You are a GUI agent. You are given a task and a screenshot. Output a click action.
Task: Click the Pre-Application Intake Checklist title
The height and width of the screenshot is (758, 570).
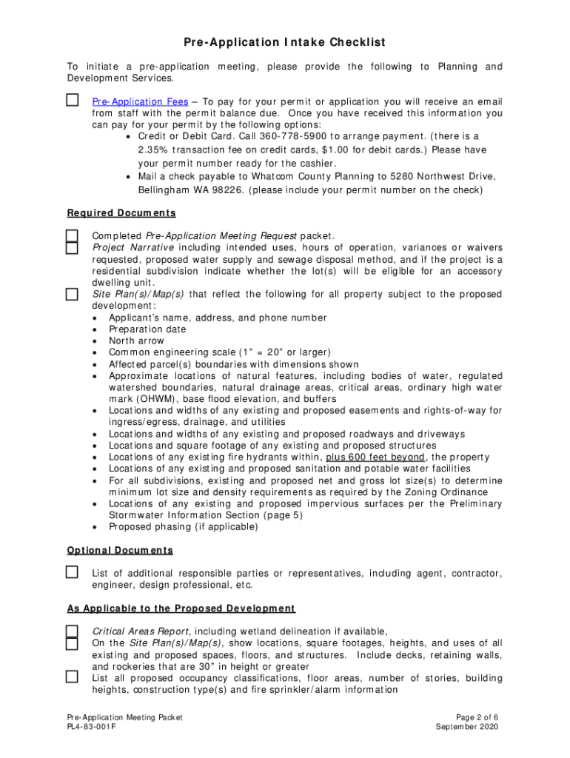[x=285, y=42]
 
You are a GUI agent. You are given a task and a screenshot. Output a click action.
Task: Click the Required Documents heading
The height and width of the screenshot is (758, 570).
[x=121, y=213]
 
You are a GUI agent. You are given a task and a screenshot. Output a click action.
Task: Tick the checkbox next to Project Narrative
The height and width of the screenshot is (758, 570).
[x=72, y=248]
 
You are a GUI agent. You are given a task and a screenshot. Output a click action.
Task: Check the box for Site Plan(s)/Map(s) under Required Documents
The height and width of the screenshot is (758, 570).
[x=72, y=295]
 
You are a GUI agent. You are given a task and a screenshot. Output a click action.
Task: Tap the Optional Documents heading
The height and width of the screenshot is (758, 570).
[x=120, y=550]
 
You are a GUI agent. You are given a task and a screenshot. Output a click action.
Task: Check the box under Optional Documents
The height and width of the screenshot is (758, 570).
[x=72, y=572]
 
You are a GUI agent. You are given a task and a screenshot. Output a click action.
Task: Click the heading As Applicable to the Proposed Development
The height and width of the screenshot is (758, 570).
[x=181, y=608]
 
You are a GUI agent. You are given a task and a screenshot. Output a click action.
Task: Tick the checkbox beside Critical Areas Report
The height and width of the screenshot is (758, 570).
[x=72, y=631]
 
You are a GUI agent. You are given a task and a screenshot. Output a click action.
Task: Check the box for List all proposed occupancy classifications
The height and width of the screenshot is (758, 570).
[x=72, y=677]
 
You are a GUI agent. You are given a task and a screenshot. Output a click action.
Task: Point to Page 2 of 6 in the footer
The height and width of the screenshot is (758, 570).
[x=477, y=717]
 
